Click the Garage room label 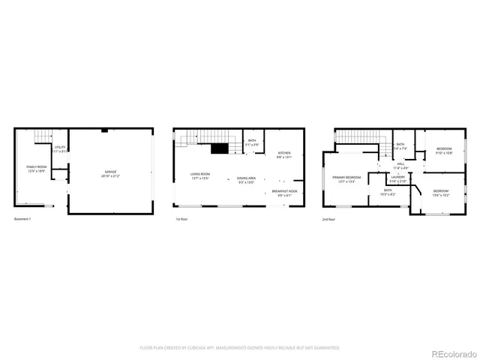pyautogui.click(x=111, y=175)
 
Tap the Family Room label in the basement pyautogui.click(x=37, y=169)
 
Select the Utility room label pyautogui.click(x=60, y=149)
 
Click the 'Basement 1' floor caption pyautogui.click(x=24, y=220)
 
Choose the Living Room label pyautogui.click(x=199, y=176)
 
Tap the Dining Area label pyautogui.click(x=247, y=180)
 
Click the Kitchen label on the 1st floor pyautogui.click(x=284, y=155)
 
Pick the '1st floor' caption pyautogui.click(x=181, y=220)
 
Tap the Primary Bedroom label pyautogui.click(x=346, y=179)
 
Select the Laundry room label pyautogui.click(x=397, y=179)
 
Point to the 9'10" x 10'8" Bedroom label pyautogui.click(x=444, y=151)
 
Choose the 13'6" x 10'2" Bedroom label pyautogui.click(x=440, y=193)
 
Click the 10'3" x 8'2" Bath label pyautogui.click(x=388, y=193)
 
